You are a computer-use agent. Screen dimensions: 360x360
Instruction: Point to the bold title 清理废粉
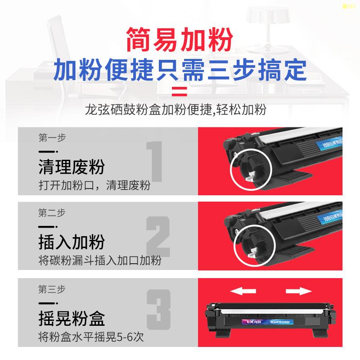pyautogui.click(x=72, y=167)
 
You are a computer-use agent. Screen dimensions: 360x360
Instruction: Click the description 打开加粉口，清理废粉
pyautogui.click(x=94, y=185)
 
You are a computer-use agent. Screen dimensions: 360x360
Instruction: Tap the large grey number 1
pyautogui.click(x=155, y=166)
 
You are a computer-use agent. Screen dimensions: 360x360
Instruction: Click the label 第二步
pyautogui.click(x=52, y=212)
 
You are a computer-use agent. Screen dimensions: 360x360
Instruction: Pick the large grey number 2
pyautogui.click(x=158, y=240)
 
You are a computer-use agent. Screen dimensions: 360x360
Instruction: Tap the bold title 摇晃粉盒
pyautogui.click(x=72, y=318)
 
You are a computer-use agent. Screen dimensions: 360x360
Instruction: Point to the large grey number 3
pyautogui.click(x=158, y=316)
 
